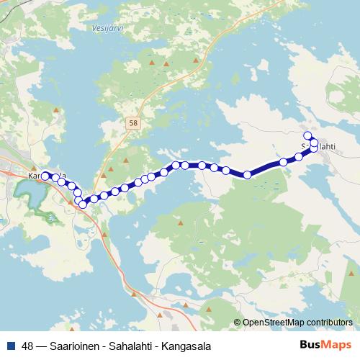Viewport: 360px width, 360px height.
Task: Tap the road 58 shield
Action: pyautogui.click(x=133, y=124)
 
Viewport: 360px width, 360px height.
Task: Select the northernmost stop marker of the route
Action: pyautogui.click(x=307, y=135)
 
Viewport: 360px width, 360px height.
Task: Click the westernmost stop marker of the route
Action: pyautogui.click(x=45, y=176)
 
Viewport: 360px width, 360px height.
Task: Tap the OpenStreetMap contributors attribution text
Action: pyautogui.click(x=297, y=323)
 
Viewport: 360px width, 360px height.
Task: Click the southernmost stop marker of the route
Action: pyautogui.click(x=82, y=204)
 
